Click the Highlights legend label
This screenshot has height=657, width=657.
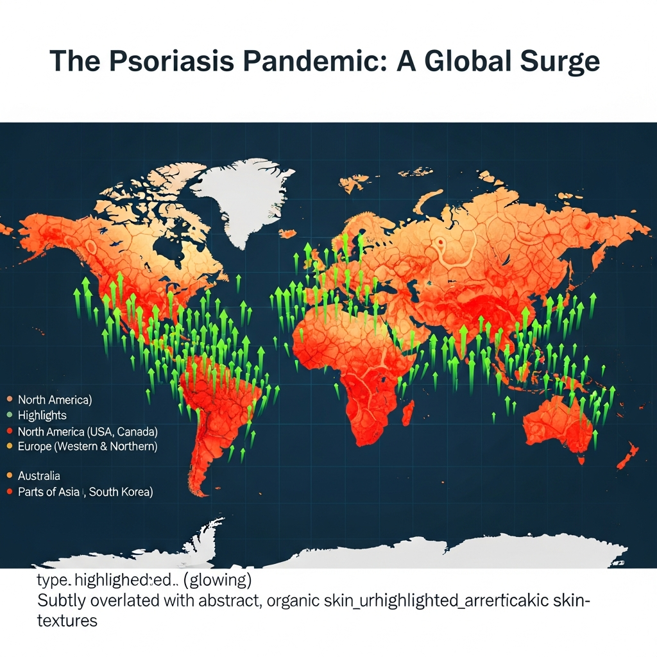pos(42,415)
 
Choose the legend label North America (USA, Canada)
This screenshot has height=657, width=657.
pos(87,431)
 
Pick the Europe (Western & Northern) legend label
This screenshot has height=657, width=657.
pos(87,446)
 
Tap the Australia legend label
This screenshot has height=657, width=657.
pos(39,475)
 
